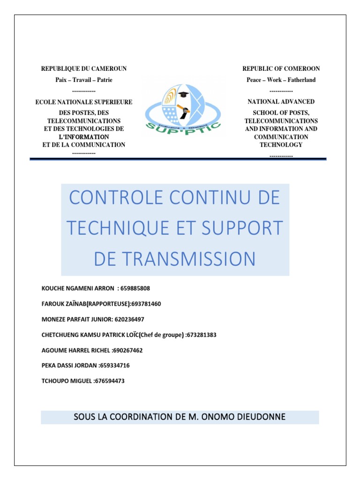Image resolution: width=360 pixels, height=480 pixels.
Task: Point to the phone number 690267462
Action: pyautogui.click(x=128, y=350)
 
